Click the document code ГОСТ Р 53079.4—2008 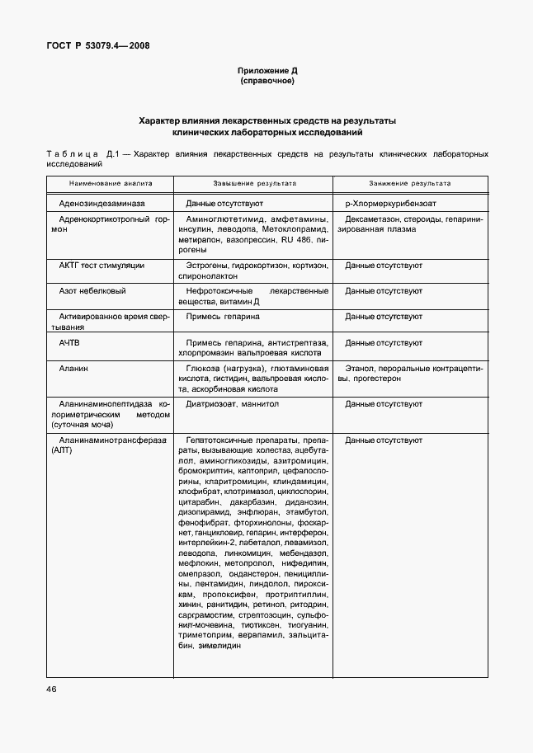tap(97, 46)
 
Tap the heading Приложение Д tap(266, 71)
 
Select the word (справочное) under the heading tap(266, 82)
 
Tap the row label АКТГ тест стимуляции tap(101, 266)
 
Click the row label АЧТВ tap(69, 342)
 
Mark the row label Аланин tap(73, 368)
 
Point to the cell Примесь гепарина tap(223, 317)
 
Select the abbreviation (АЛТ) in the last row tap(63, 452)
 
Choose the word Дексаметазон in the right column tap(372, 220)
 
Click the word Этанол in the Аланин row tap(360, 368)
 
